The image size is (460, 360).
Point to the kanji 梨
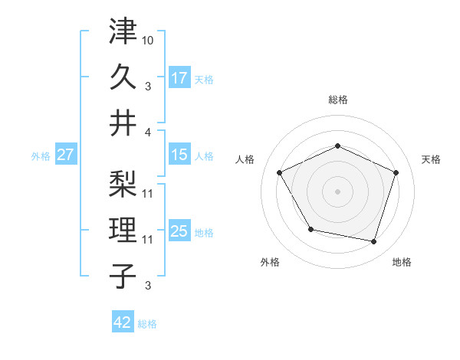click(x=123, y=184)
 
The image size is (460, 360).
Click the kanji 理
click(x=123, y=229)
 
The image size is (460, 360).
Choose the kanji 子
click(x=123, y=275)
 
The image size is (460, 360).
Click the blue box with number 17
click(x=179, y=77)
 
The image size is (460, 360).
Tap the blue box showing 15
click(x=179, y=155)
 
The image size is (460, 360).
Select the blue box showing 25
click(x=179, y=231)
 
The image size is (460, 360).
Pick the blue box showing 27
click(x=65, y=155)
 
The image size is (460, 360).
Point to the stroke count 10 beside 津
click(x=148, y=38)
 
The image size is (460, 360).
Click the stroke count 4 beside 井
click(x=148, y=133)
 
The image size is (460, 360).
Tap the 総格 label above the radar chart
click(x=337, y=100)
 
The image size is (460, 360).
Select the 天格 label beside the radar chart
click(x=431, y=159)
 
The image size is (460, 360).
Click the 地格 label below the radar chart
click(x=402, y=262)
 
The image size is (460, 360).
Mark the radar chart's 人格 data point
click(x=279, y=172)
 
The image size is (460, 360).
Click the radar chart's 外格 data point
click(x=310, y=229)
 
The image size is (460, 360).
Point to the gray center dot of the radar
click(x=337, y=191)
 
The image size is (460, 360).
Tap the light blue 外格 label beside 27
click(x=40, y=155)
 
